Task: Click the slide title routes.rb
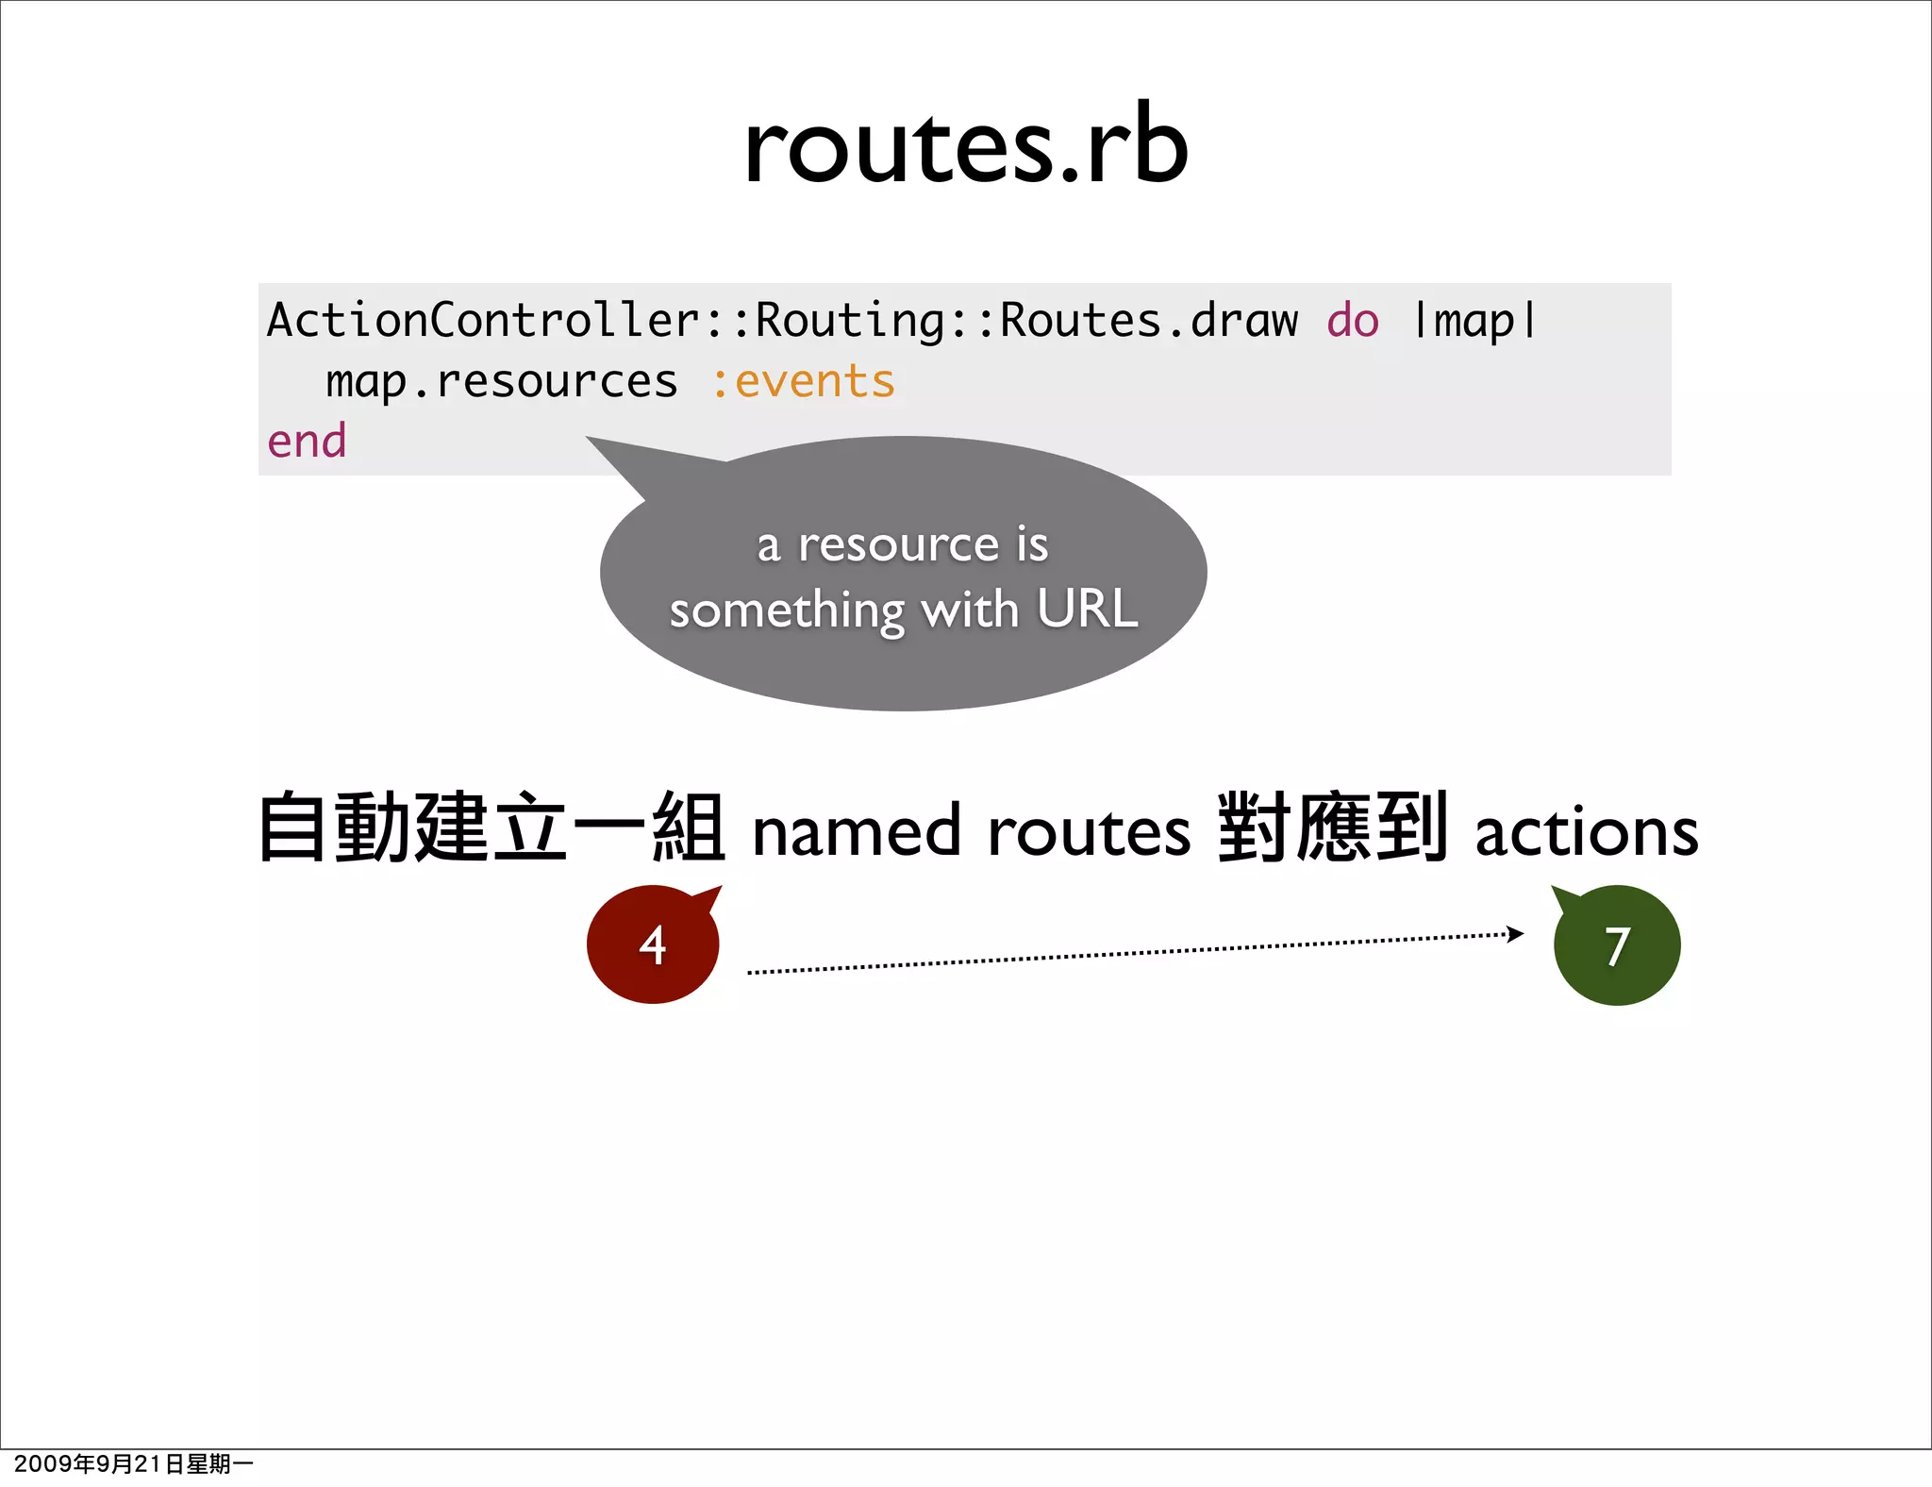tap(965, 146)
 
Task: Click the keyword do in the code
tap(1352, 321)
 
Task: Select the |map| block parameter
tap(1474, 321)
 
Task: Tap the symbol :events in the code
tap(802, 382)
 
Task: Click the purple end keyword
tap(307, 442)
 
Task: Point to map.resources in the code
tap(501, 382)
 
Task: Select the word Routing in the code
tap(849, 321)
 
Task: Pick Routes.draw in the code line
tap(1148, 321)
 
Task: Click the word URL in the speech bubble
tap(1087, 609)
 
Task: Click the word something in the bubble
tap(787, 611)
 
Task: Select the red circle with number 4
tap(653, 944)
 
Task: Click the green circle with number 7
tap(1617, 945)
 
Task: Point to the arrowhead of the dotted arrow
tap(1514, 934)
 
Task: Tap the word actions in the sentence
tap(1587, 832)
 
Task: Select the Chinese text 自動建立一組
tap(491, 828)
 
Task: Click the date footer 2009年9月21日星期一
tap(133, 1463)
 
